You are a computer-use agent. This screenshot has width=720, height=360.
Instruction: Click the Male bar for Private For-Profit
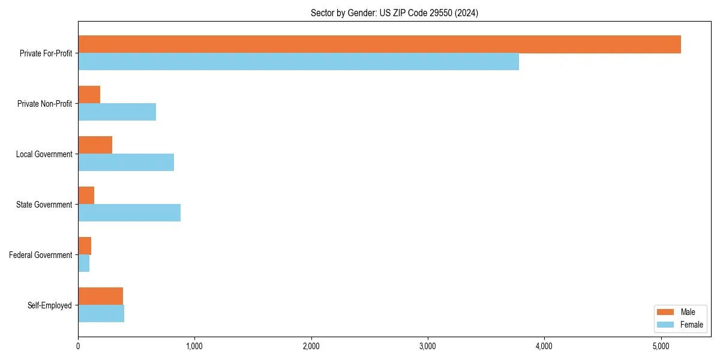(x=379, y=44)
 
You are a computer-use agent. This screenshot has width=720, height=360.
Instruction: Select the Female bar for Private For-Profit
(x=298, y=62)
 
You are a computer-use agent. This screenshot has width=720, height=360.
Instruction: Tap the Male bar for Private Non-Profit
(x=89, y=95)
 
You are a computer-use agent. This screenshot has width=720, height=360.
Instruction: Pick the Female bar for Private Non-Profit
(x=117, y=112)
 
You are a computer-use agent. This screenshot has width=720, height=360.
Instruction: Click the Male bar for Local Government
(x=95, y=145)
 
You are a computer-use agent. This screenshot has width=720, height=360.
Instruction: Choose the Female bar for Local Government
(x=126, y=163)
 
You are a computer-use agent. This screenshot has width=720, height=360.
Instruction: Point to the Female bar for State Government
(x=129, y=213)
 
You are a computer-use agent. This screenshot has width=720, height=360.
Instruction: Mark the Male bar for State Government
(x=86, y=196)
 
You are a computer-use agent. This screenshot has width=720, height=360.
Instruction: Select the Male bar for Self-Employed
(x=100, y=296)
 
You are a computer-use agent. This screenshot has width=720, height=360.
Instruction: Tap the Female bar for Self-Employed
(x=101, y=314)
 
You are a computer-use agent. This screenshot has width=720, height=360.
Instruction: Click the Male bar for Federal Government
(x=85, y=246)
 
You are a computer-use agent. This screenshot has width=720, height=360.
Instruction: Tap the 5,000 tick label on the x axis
(x=661, y=346)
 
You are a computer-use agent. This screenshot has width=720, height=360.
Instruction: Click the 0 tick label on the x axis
(x=78, y=346)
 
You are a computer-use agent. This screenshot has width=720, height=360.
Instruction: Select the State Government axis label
(x=44, y=205)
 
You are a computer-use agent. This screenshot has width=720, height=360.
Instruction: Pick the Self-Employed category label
(x=50, y=305)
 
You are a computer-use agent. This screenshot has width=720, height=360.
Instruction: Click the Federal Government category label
(x=41, y=255)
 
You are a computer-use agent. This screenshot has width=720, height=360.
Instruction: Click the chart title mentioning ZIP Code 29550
(x=394, y=13)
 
